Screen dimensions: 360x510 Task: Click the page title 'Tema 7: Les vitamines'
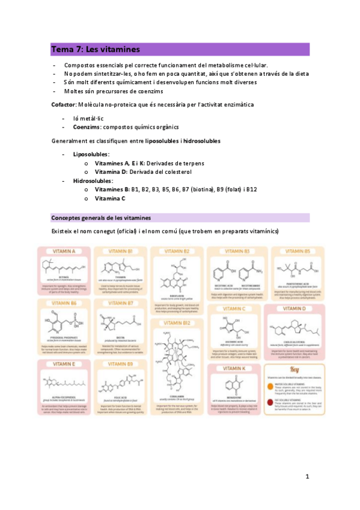pos(95,49)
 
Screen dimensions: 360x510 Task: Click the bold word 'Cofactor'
pos(64,105)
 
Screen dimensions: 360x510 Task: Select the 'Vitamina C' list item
pos(110,198)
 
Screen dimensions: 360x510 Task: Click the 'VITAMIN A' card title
pos(65,251)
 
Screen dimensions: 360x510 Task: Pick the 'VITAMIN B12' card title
pos(178,323)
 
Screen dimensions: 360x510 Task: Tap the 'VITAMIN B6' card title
pos(64,303)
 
